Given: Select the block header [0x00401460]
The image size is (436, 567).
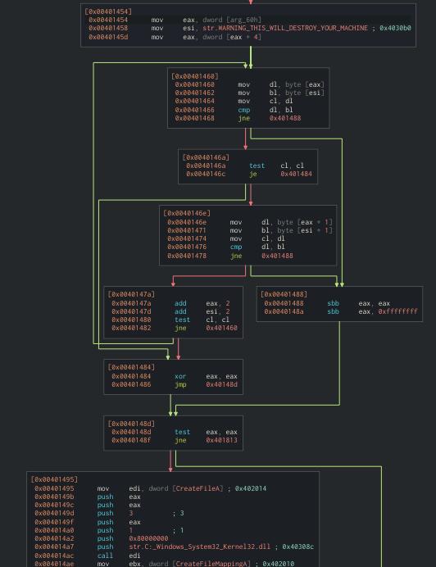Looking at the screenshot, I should point(194,76).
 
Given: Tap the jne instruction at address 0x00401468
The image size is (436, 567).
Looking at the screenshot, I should point(243,118).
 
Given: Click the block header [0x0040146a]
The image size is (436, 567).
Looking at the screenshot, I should point(205,156).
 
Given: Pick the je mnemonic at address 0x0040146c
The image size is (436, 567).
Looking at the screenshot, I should point(252,174).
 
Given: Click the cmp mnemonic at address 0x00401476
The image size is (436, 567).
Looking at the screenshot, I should point(235,247).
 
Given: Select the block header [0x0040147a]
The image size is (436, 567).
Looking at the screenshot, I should point(130,294).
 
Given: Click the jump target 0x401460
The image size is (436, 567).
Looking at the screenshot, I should point(221,328).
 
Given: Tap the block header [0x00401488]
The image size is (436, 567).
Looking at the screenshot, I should point(284,294).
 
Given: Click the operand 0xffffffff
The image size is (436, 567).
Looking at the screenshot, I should point(397,311).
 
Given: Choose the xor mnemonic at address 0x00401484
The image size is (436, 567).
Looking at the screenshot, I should point(179,376).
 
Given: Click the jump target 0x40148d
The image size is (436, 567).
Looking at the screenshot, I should point(221,384).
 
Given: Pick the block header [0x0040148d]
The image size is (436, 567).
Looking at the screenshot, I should point(130,424).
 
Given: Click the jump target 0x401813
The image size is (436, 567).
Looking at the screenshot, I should point(221,440).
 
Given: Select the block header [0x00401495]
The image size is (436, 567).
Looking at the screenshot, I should point(54,479).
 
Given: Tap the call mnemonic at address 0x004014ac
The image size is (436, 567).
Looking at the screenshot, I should point(105,555).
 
